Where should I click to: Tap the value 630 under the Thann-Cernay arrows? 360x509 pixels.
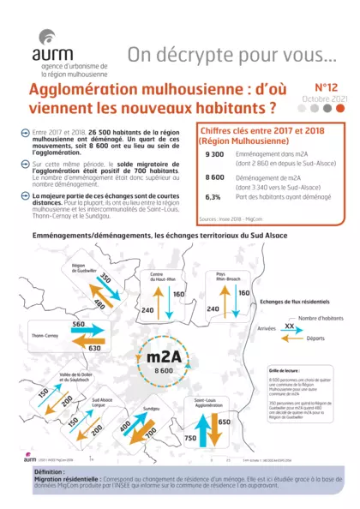[94, 349]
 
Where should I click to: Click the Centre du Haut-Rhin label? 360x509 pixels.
[163, 277]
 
